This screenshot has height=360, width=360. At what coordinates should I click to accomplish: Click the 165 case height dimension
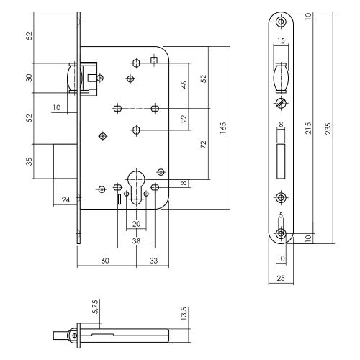coord(223,128)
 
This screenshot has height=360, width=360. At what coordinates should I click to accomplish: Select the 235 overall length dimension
coord(328,128)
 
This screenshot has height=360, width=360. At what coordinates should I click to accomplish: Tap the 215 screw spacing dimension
coord(308,128)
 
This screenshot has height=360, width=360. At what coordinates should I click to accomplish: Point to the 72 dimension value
coord(203,145)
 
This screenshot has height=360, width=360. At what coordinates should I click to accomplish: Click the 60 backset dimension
coord(105,261)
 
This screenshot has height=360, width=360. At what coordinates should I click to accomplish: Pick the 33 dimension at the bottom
coord(153,261)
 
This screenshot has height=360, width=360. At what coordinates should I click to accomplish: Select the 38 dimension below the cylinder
coord(136,240)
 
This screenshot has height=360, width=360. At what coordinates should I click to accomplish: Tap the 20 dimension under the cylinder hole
coord(136,224)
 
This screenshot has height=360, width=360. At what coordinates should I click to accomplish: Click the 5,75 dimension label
coord(95,307)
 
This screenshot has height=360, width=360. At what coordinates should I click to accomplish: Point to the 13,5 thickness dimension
coord(184,314)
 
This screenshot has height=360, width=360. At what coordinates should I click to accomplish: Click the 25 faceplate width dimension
coord(281,278)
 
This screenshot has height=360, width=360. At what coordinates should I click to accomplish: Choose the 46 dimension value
coord(184,85)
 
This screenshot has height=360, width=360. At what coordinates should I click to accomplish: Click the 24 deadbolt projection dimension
coord(66,199)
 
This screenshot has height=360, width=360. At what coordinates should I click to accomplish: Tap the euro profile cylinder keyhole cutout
coord(136,187)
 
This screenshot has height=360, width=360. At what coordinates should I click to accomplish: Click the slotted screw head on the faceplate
coord(281,103)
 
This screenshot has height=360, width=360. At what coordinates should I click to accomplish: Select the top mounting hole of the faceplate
coord(281,22)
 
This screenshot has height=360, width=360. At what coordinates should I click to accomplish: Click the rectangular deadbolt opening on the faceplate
coord(281,161)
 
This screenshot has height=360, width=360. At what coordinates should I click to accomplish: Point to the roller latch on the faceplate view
coord(281,78)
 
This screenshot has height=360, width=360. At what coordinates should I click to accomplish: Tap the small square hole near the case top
coord(154,60)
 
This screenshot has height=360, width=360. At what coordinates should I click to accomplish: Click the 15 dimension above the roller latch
coord(281,41)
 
